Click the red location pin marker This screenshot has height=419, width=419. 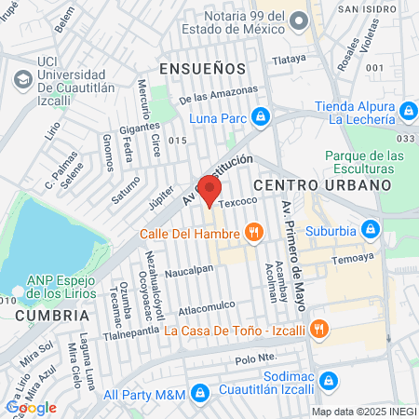click(x=209, y=191)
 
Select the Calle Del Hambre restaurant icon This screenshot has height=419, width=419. click(x=251, y=233)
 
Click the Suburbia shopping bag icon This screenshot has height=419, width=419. click(x=372, y=228)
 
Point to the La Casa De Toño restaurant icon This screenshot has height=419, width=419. click(x=318, y=328)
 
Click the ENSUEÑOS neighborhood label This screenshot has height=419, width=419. click(x=202, y=69)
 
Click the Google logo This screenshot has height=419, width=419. click(x=31, y=408)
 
